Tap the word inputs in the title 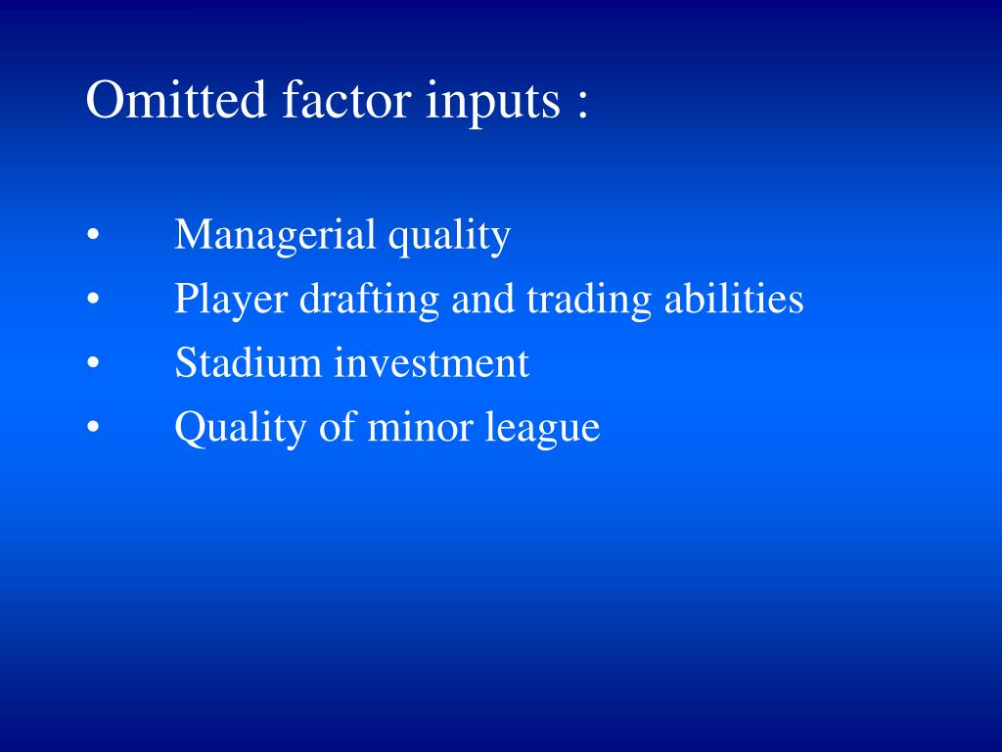point(493,102)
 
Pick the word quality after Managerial point(449,237)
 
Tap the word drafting point(369,300)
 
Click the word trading point(588,300)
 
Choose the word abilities point(734,298)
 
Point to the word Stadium point(248,362)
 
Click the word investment point(432,362)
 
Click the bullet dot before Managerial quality point(93,235)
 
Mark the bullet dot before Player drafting point(93,299)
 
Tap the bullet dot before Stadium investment point(93,362)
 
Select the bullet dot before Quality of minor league point(93,427)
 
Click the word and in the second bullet point(482,299)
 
